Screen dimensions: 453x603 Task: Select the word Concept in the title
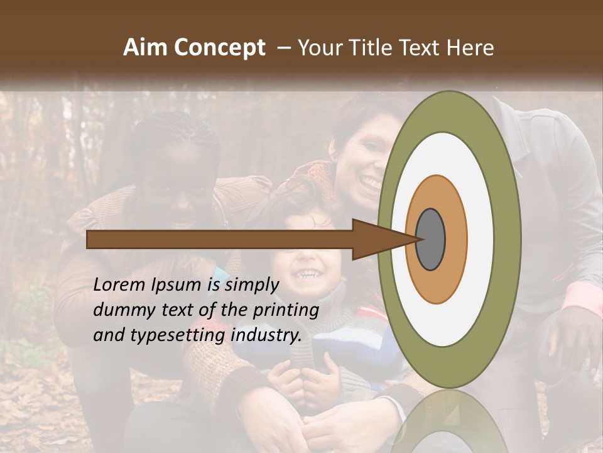[219, 48]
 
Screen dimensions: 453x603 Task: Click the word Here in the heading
[470, 48]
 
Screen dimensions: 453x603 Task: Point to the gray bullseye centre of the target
[431, 239]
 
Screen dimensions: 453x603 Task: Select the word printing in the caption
[288, 311]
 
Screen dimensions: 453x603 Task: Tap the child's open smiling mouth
[308, 274]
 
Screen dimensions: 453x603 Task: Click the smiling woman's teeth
[371, 182]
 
